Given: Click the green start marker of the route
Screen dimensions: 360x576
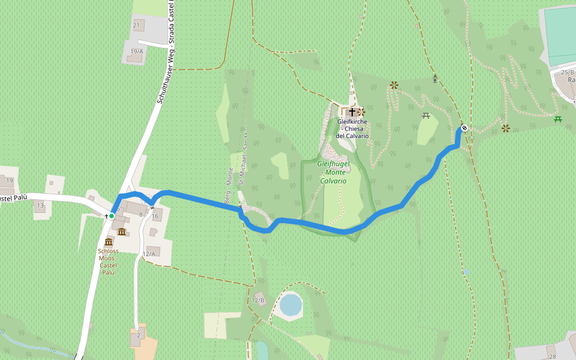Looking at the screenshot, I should pyautogui.click(x=112, y=216).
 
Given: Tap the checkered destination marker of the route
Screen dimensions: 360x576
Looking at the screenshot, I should pyautogui.click(x=464, y=128).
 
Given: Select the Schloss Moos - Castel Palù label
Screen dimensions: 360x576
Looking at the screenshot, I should pyautogui.click(x=108, y=262).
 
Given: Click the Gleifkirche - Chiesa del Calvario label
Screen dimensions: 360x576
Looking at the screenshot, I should pyautogui.click(x=353, y=128).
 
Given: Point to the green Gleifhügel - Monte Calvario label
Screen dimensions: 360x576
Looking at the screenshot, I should pyautogui.click(x=333, y=172).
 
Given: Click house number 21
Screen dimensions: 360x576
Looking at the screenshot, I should pyautogui.click(x=136, y=25).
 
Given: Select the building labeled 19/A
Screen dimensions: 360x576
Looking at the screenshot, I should pyautogui.click(x=136, y=52).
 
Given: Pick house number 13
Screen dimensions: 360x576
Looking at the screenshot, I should pyautogui.click(x=40, y=206).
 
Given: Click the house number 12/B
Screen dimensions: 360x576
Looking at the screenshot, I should pyautogui.click(x=258, y=300).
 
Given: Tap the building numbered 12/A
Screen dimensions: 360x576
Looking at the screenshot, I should pyautogui.click(x=149, y=254).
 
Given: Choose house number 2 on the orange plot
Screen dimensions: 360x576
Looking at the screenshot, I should pyautogui.click(x=138, y=335).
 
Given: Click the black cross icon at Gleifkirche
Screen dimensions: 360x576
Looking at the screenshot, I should pyautogui.click(x=352, y=112).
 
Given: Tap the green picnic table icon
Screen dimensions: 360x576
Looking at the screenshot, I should pyautogui.click(x=557, y=119).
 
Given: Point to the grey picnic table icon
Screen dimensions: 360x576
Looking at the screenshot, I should pyautogui.click(x=426, y=115).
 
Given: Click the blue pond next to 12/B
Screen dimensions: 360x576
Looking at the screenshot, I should pyautogui.click(x=290, y=305).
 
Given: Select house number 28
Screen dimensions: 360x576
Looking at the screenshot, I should pyautogui.click(x=552, y=356).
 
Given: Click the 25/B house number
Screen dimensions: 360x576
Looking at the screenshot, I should pyautogui.click(x=567, y=73).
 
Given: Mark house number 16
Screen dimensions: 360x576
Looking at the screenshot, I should pyautogui.click(x=155, y=217).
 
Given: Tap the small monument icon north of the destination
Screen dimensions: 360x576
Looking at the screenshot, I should pyautogui.click(x=435, y=79).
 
